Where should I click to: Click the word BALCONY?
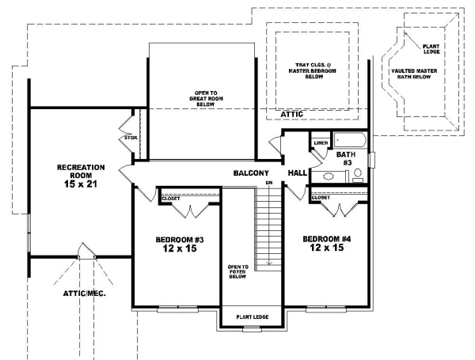(x=252, y=172)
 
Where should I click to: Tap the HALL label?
(x=298, y=172)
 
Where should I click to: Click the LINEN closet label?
(x=321, y=143)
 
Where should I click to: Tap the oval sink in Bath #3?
(x=329, y=176)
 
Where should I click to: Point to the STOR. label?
(x=131, y=138)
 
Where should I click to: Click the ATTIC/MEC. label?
(x=85, y=293)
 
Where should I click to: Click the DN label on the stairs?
(x=269, y=184)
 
